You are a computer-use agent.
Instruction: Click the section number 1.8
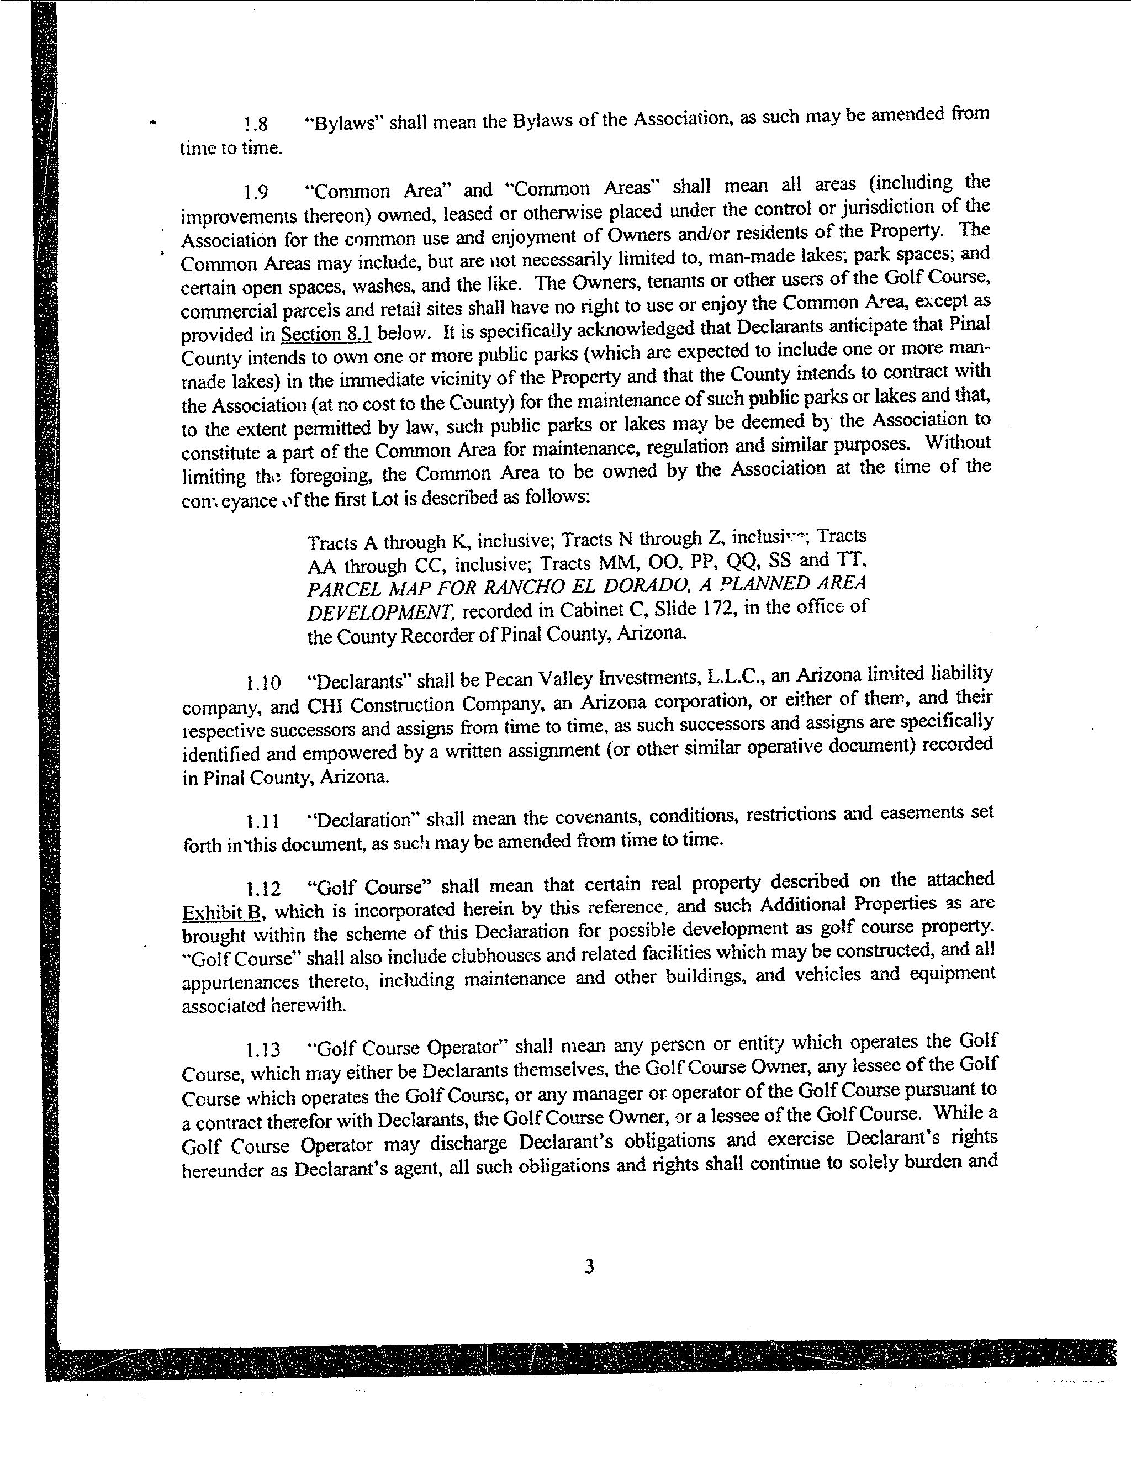pos(256,124)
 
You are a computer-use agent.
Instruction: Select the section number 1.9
pos(256,193)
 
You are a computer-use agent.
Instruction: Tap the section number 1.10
pos(263,683)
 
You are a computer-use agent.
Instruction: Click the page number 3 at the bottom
pos(589,1266)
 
